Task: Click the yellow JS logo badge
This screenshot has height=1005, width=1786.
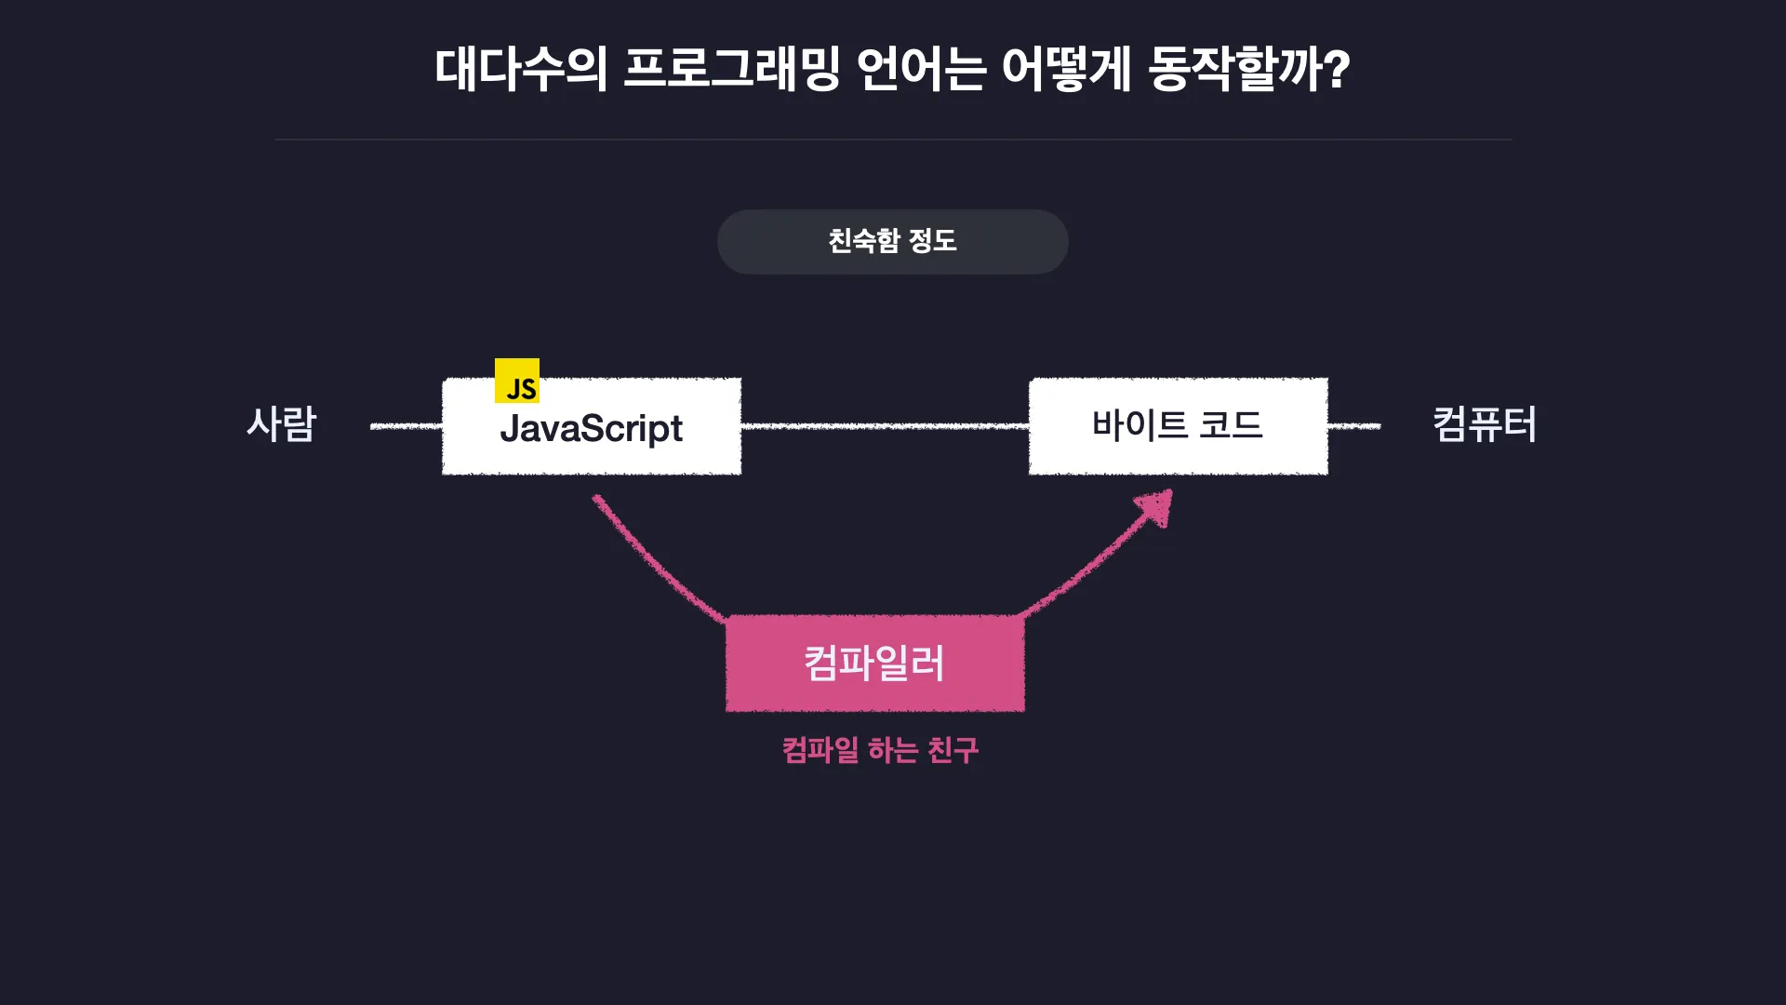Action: pyautogui.click(x=517, y=381)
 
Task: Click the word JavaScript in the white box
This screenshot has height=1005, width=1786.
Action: pyautogui.click(x=592, y=429)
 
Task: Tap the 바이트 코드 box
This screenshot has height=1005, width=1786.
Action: pyautogui.click(x=1179, y=426)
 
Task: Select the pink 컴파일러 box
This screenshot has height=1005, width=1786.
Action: pyautogui.click(x=874, y=663)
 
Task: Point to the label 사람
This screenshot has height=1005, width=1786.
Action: pyautogui.click(x=282, y=424)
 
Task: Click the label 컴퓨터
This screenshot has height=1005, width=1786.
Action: pyautogui.click(x=1485, y=424)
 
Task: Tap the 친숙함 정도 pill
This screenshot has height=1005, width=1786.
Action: pyautogui.click(x=893, y=242)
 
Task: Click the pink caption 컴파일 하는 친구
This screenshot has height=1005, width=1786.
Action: pyautogui.click(x=880, y=750)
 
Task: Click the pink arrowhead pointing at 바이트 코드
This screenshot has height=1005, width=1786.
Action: pyautogui.click(x=1155, y=507)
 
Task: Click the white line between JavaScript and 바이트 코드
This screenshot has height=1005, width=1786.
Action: pyautogui.click(x=885, y=426)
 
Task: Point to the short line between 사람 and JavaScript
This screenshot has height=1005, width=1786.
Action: pyautogui.click(x=407, y=426)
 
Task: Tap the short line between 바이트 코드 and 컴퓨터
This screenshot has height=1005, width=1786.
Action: pyautogui.click(x=1354, y=426)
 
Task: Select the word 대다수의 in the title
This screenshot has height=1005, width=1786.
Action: pyautogui.click(x=522, y=70)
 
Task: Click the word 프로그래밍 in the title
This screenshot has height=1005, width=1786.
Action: pyautogui.click(x=732, y=70)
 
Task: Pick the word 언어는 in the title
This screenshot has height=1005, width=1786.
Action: pyautogui.click(x=921, y=70)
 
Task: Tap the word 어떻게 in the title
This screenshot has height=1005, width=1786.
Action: pyautogui.click(x=1067, y=70)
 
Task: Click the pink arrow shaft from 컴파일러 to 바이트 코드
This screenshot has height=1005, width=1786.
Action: pyautogui.click(x=1088, y=563)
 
